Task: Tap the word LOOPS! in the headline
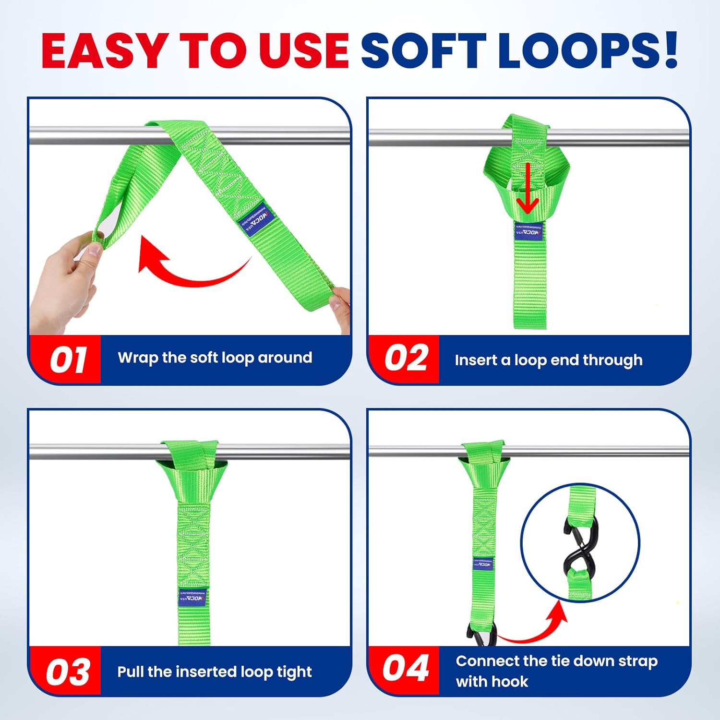pyautogui.click(x=588, y=50)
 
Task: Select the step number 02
pyautogui.click(x=406, y=359)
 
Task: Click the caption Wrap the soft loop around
pyautogui.click(x=215, y=358)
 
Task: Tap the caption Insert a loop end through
pyautogui.click(x=548, y=360)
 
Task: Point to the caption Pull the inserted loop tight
pyautogui.click(x=215, y=672)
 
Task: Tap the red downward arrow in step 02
pyautogui.click(x=528, y=190)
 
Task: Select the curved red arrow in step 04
pyautogui.click(x=533, y=624)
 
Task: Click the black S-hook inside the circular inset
pyautogui.click(x=580, y=542)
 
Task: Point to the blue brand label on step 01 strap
pyautogui.click(x=256, y=220)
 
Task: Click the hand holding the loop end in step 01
pyautogui.click(x=62, y=283)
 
